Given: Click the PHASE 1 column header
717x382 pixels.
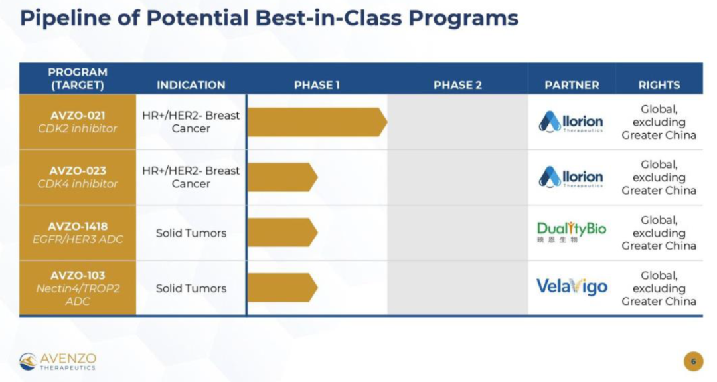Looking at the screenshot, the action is [x=317, y=85].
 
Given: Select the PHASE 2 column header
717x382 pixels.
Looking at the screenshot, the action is [x=457, y=85].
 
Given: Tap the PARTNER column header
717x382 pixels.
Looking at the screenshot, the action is [x=572, y=85].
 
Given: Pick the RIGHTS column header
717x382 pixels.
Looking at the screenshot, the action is [x=659, y=85].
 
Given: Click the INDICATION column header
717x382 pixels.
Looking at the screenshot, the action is [x=191, y=85].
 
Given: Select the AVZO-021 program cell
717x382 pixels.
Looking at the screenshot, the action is [x=78, y=122].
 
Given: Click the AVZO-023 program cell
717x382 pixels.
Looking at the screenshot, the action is [x=78, y=177].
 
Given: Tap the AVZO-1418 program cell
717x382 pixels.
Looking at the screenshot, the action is [x=78, y=233].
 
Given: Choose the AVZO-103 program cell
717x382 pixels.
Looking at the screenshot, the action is [x=78, y=288].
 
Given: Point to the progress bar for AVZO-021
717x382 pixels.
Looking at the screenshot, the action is [x=317, y=122].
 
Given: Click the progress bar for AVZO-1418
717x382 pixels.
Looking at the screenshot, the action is [x=283, y=233].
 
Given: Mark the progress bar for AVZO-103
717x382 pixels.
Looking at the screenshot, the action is [x=283, y=288].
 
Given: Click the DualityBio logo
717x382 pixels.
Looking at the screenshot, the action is [x=572, y=232].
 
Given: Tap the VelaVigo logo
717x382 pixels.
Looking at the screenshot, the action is [x=572, y=287].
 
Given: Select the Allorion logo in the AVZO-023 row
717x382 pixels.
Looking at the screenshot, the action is [x=571, y=177].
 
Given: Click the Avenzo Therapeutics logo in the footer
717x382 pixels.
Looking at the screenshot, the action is [x=58, y=361].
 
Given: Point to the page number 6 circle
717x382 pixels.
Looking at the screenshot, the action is [x=693, y=361].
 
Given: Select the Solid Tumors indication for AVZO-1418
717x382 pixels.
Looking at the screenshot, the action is [x=191, y=233].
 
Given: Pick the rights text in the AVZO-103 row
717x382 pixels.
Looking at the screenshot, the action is [x=659, y=288].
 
